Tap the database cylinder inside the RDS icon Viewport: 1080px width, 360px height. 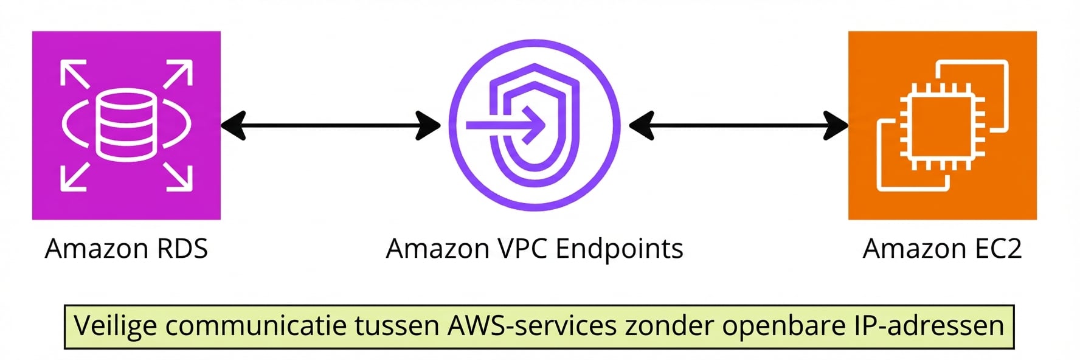126,125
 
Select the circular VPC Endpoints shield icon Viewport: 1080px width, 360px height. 535,125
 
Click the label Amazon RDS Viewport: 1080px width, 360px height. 126,249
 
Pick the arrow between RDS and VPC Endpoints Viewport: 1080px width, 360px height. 330,125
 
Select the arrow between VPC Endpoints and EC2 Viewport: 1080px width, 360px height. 738,125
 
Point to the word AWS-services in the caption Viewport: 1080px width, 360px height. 532,326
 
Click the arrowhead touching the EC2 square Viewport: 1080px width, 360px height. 837,125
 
